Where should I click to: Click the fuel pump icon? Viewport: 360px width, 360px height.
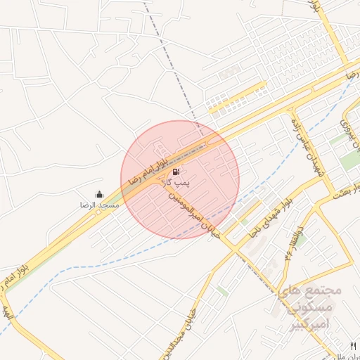point(175,171)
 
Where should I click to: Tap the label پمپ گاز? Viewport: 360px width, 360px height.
point(177,183)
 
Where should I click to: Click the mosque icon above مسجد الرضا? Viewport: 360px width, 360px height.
point(99,194)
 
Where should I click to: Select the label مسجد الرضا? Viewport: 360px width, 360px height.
point(99,205)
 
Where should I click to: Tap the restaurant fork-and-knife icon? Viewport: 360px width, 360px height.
point(354,345)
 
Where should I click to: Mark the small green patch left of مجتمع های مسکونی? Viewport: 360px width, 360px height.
point(222,290)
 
